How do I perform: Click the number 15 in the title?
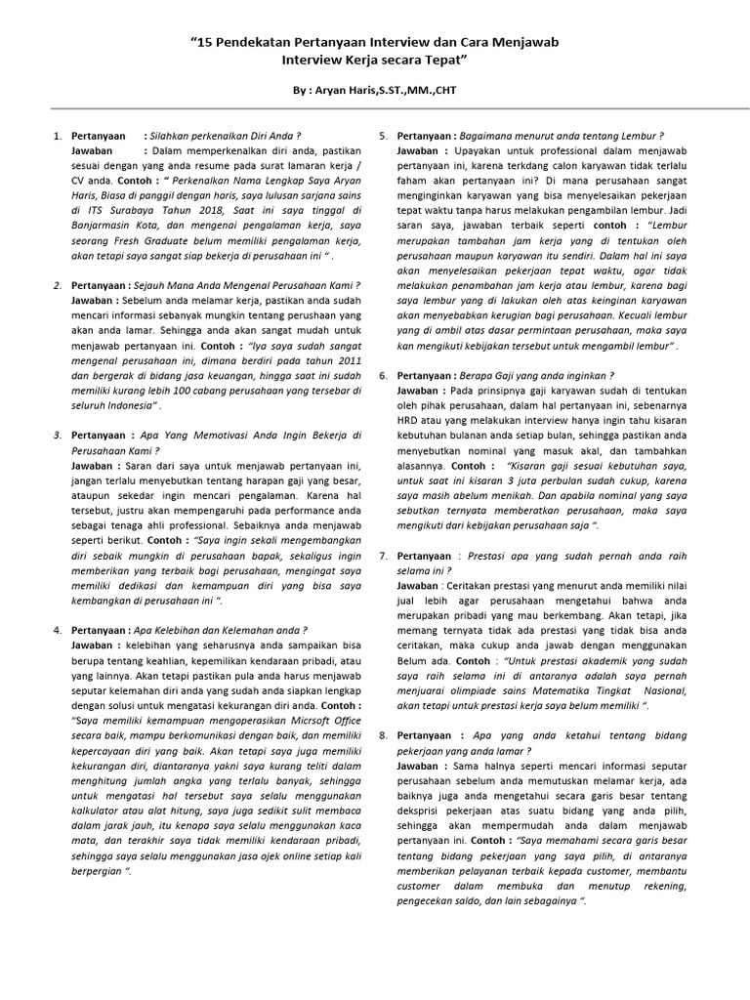[x=205, y=43]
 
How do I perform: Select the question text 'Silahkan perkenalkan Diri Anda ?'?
[x=223, y=135]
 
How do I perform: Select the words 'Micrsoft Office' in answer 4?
[x=305, y=721]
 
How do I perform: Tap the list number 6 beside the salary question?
[x=383, y=376]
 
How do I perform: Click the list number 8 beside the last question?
[x=383, y=734]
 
